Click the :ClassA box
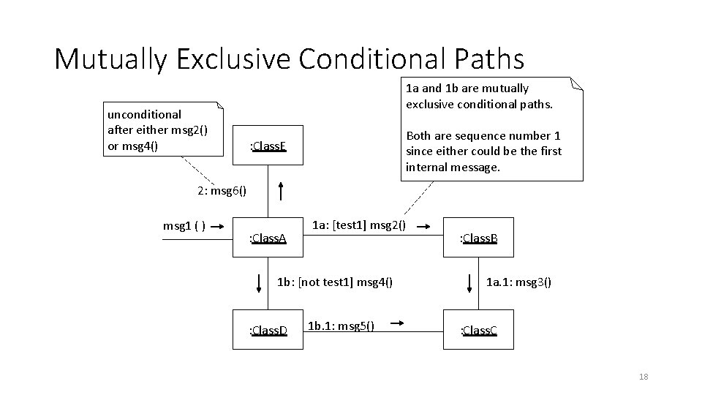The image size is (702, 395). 268,238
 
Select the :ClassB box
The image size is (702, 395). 478,238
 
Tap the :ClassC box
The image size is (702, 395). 478,331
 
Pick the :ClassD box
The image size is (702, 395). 268,331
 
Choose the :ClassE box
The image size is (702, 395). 268,147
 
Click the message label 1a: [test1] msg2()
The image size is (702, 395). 359,224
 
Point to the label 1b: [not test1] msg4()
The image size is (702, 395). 335,280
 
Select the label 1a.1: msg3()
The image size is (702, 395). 518,280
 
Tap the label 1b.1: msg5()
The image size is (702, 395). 341,326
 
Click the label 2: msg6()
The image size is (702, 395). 222,192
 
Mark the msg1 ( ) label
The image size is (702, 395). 184,225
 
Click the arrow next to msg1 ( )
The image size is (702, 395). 219,226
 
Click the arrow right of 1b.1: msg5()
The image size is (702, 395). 399,321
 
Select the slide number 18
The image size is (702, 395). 643,377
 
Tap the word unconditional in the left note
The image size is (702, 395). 144,114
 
